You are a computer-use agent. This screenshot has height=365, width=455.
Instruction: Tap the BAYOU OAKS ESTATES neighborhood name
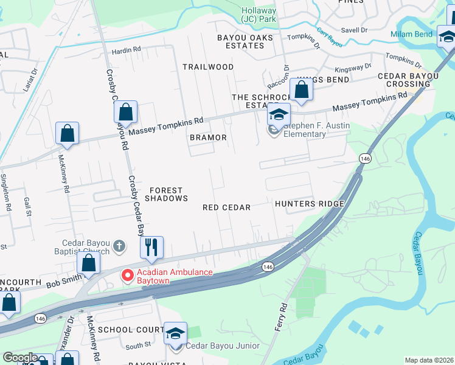[241, 41]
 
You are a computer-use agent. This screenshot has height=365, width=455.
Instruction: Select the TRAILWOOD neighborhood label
[209, 66]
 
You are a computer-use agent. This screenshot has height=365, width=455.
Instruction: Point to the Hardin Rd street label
[126, 49]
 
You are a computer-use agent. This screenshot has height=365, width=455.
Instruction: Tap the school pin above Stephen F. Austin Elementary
[279, 114]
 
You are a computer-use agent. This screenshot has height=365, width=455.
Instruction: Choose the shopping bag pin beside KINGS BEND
[302, 90]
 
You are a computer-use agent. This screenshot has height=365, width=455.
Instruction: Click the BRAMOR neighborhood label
[208, 138]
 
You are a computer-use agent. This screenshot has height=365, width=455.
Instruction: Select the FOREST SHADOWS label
[166, 194]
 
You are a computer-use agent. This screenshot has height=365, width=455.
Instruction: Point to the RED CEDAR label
[227, 207]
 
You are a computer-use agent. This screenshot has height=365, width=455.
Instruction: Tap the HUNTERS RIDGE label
[310, 204]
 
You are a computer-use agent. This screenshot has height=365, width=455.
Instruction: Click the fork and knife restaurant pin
[151, 247]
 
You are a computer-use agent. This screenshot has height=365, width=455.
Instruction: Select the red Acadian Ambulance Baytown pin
[128, 276]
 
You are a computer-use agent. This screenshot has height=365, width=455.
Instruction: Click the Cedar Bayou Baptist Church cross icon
[120, 246]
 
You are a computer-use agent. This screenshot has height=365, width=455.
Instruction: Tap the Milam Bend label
[411, 35]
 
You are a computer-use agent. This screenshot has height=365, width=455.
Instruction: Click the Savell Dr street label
[355, 29]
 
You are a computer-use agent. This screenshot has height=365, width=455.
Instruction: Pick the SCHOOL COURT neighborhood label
[130, 329]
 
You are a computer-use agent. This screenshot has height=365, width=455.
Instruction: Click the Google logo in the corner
[20, 358]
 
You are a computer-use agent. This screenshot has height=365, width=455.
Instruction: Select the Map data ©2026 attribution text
[428, 360]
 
